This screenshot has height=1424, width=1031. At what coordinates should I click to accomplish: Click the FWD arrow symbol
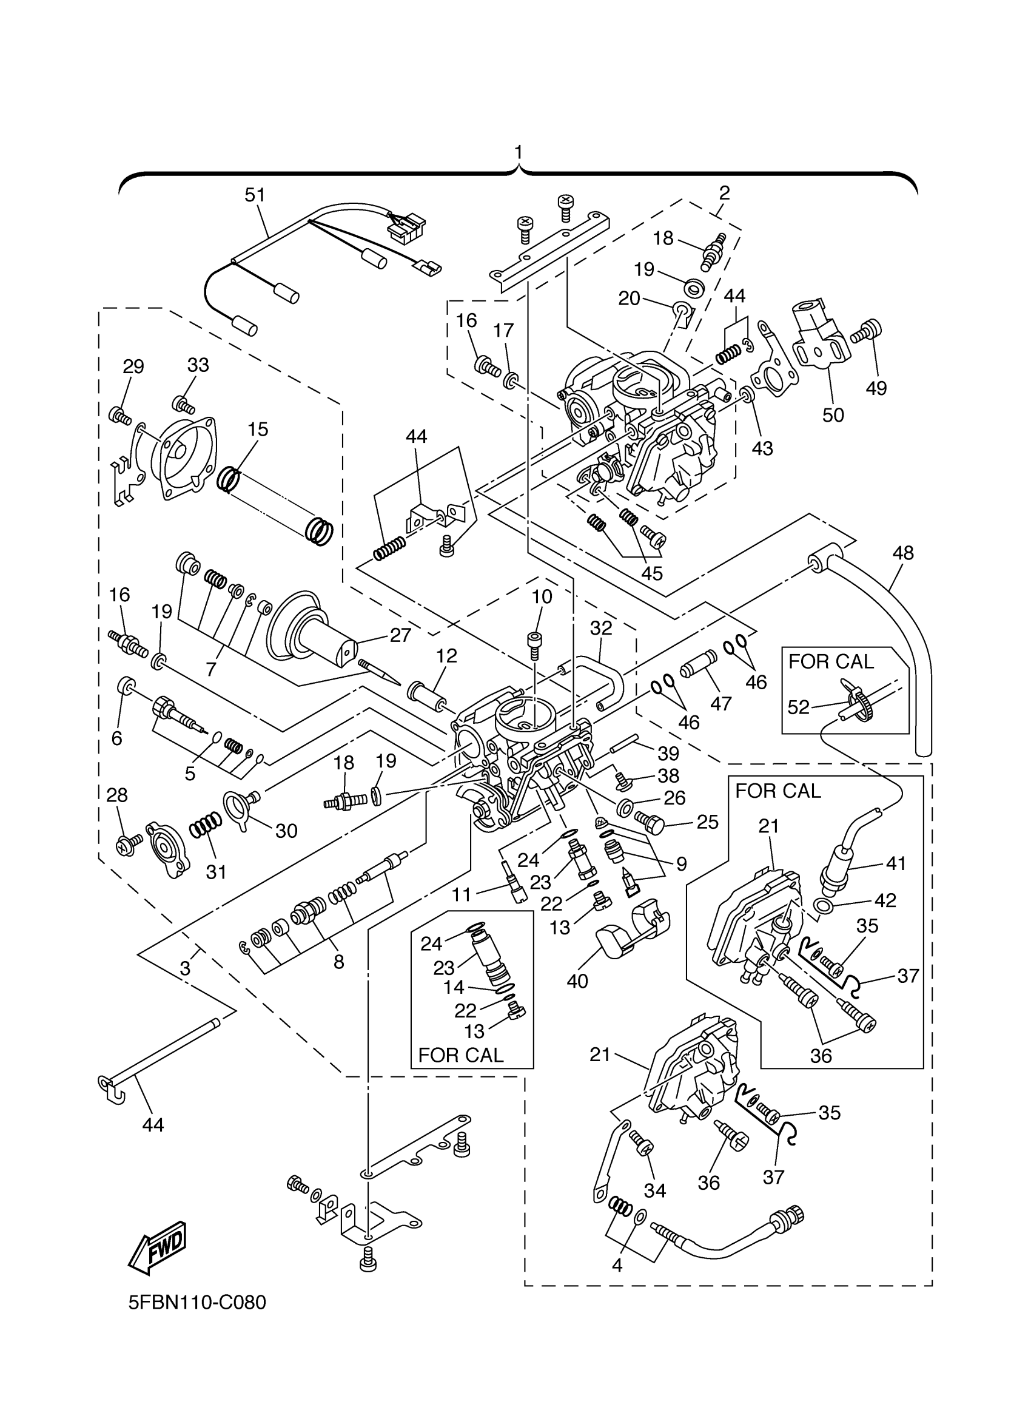pos(157,1247)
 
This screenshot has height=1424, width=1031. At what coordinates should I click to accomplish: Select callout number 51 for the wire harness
pos(255,195)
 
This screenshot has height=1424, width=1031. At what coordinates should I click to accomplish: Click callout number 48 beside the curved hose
pos(903,553)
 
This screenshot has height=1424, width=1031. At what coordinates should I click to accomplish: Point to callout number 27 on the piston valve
pos(400,635)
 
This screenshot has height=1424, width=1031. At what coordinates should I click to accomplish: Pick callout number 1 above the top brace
pos(519,152)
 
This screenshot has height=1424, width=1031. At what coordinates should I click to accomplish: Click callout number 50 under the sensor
pos(833,415)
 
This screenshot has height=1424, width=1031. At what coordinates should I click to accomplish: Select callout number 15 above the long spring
pos(258,430)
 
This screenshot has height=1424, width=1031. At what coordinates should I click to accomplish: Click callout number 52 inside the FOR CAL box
pos(798,707)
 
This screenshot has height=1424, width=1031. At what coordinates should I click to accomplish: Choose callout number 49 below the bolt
pos(876,388)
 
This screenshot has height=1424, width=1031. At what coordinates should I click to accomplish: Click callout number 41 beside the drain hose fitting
pos(896,863)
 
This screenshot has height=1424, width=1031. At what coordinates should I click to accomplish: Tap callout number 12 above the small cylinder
pos(447,656)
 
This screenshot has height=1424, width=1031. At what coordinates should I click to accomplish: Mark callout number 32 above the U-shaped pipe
pos(601,628)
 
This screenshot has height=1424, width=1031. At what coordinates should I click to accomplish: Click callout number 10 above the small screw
pos(542,596)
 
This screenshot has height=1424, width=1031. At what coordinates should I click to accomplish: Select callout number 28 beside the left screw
pos(117,795)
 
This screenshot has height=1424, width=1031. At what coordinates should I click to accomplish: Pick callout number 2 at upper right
pos(724,193)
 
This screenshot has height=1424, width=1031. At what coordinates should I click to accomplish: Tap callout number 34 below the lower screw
pos(655,1190)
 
